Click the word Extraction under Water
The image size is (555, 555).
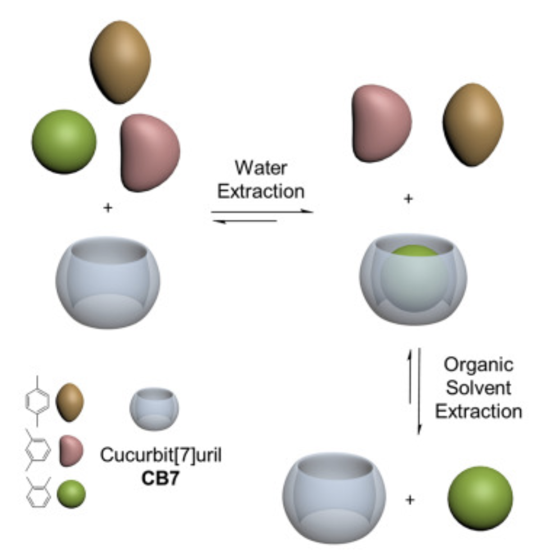tap(261, 191)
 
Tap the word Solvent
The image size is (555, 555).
tap(479, 388)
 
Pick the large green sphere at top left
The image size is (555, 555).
tap(64, 141)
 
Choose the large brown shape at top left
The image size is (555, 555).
tap(120, 62)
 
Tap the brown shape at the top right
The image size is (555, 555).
tap(473, 124)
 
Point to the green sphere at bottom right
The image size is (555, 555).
tap(480, 498)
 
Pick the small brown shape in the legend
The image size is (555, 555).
tap(70, 402)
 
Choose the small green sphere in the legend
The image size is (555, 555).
tap(71, 494)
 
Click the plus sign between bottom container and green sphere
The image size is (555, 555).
tap(410, 499)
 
